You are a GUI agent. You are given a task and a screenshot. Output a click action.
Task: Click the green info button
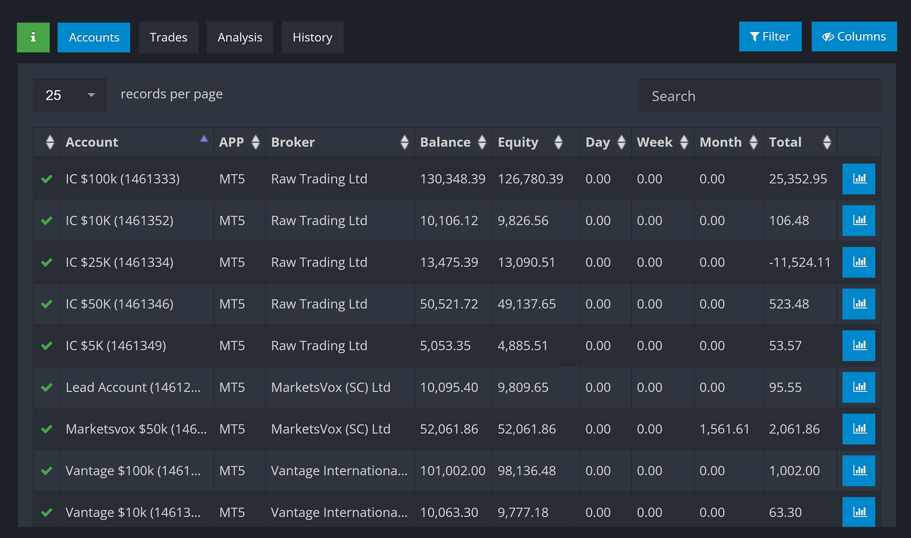coord(33,37)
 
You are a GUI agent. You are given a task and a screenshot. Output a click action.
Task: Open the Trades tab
coord(168,37)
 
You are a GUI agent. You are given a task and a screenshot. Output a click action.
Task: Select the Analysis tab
coord(240,37)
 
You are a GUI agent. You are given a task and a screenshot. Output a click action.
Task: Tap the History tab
coord(312,37)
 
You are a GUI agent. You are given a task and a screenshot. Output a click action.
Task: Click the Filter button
coord(770,36)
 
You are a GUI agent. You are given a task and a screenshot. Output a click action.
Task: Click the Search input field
coord(760,96)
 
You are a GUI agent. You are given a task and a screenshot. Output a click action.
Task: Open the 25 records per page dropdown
coord(70,95)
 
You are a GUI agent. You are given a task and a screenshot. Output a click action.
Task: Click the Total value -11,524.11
coord(800,262)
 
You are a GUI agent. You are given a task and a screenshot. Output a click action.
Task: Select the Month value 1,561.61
coord(724,429)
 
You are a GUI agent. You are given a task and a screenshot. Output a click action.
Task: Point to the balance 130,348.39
coord(452,179)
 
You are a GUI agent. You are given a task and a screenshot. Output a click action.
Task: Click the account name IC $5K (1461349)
coord(116,346)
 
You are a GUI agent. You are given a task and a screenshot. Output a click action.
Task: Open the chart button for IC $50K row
coord(858,304)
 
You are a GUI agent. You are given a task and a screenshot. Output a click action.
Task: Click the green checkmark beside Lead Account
coord(47,387)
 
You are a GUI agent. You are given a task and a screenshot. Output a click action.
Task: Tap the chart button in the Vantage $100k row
coord(858,471)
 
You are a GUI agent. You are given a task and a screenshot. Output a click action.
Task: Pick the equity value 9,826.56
coord(523,221)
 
